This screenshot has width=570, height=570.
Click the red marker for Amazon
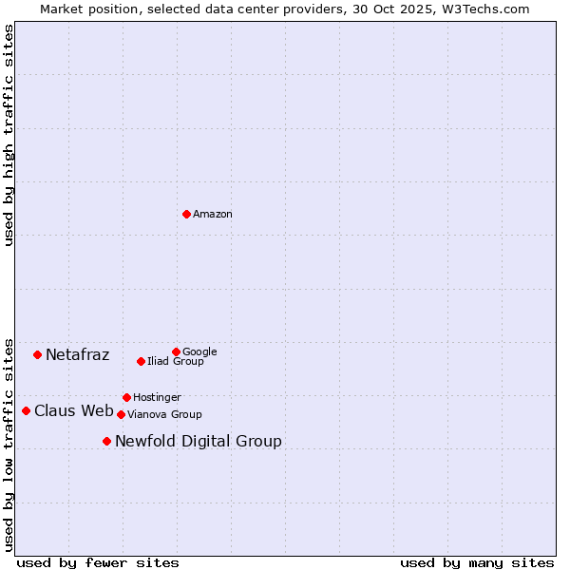pos(186,214)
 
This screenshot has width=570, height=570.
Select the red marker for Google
pos(176,351)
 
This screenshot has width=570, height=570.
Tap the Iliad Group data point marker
pos(141,361)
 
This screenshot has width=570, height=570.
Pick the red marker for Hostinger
pos(126,397)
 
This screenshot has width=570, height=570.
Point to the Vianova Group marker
pos(121,414)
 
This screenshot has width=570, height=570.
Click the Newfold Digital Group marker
pos(106,441)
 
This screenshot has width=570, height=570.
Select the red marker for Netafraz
pos(37,354)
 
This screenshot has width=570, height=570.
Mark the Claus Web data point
pos(26,410)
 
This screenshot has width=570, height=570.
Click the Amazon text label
pos(213,215)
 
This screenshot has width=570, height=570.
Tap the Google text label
pos(199,351)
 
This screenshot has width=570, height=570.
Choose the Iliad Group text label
pos(176,361)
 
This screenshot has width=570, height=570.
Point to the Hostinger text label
pos(157,397)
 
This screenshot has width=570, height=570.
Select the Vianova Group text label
pos(164,414)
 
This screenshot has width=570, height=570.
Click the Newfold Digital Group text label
pos(199,441)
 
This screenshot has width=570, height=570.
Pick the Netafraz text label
pos(78,355)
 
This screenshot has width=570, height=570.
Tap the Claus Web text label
pos(74,411)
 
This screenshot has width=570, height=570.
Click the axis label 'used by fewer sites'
pos(98,562)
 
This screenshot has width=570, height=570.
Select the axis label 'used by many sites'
pos(477,562)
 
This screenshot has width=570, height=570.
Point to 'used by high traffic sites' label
pos(9,135)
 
